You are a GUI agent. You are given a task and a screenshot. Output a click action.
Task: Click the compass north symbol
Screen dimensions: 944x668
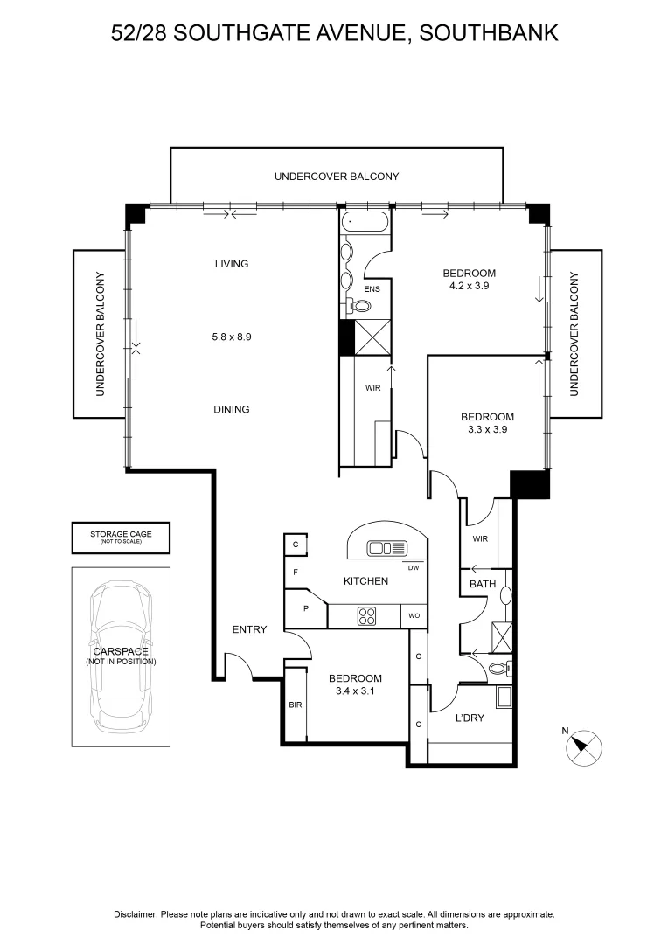point(584,747)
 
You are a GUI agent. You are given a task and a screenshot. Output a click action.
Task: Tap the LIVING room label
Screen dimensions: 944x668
point(232,264)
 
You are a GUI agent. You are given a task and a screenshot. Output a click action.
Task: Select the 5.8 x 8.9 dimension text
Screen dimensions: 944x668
point(232,337)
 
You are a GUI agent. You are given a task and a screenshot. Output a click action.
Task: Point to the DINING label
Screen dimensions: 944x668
point(232,409)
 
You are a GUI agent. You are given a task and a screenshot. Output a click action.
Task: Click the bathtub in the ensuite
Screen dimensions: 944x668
point(365,222)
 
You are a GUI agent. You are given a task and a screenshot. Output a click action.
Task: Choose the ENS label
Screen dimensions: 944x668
point(372,288)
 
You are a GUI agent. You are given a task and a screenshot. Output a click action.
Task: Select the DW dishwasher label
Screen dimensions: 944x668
point(414,568)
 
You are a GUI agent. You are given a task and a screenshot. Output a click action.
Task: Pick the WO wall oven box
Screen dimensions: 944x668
point(414,616)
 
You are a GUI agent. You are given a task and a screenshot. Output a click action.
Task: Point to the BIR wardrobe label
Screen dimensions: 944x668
point(295,704)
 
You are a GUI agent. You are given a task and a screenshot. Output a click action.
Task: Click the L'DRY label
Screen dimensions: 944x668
point(470,718)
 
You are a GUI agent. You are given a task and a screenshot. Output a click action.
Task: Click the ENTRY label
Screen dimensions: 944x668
point(249,629)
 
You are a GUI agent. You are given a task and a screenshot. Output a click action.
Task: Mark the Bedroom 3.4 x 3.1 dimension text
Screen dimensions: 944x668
point(355,691)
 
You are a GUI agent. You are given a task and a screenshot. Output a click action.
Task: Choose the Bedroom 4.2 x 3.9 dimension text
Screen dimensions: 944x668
point(470,286)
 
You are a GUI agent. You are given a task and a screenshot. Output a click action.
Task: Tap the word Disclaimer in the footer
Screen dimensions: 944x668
point(136,914)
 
